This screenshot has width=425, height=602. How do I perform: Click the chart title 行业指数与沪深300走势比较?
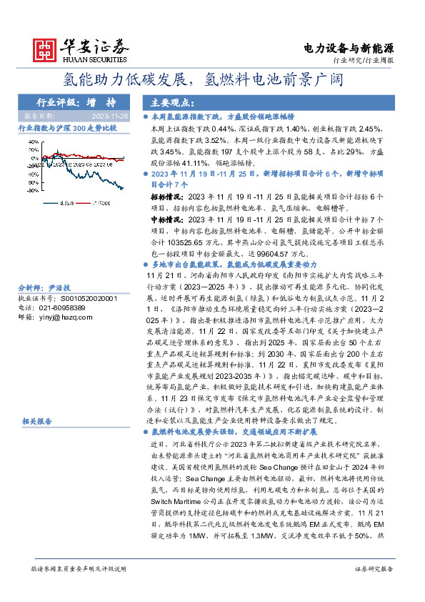click(66, 127)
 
